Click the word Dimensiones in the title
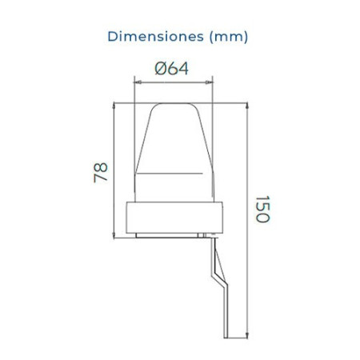click(x=147, y=36)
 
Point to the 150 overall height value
click(x=263, y=210)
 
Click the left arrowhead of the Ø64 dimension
click(x=136, y=80)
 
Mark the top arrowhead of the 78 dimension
click(x=117, y=105)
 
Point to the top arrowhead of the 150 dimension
click(x=247, y=105)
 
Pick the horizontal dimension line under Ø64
click(x=172, y=80)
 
